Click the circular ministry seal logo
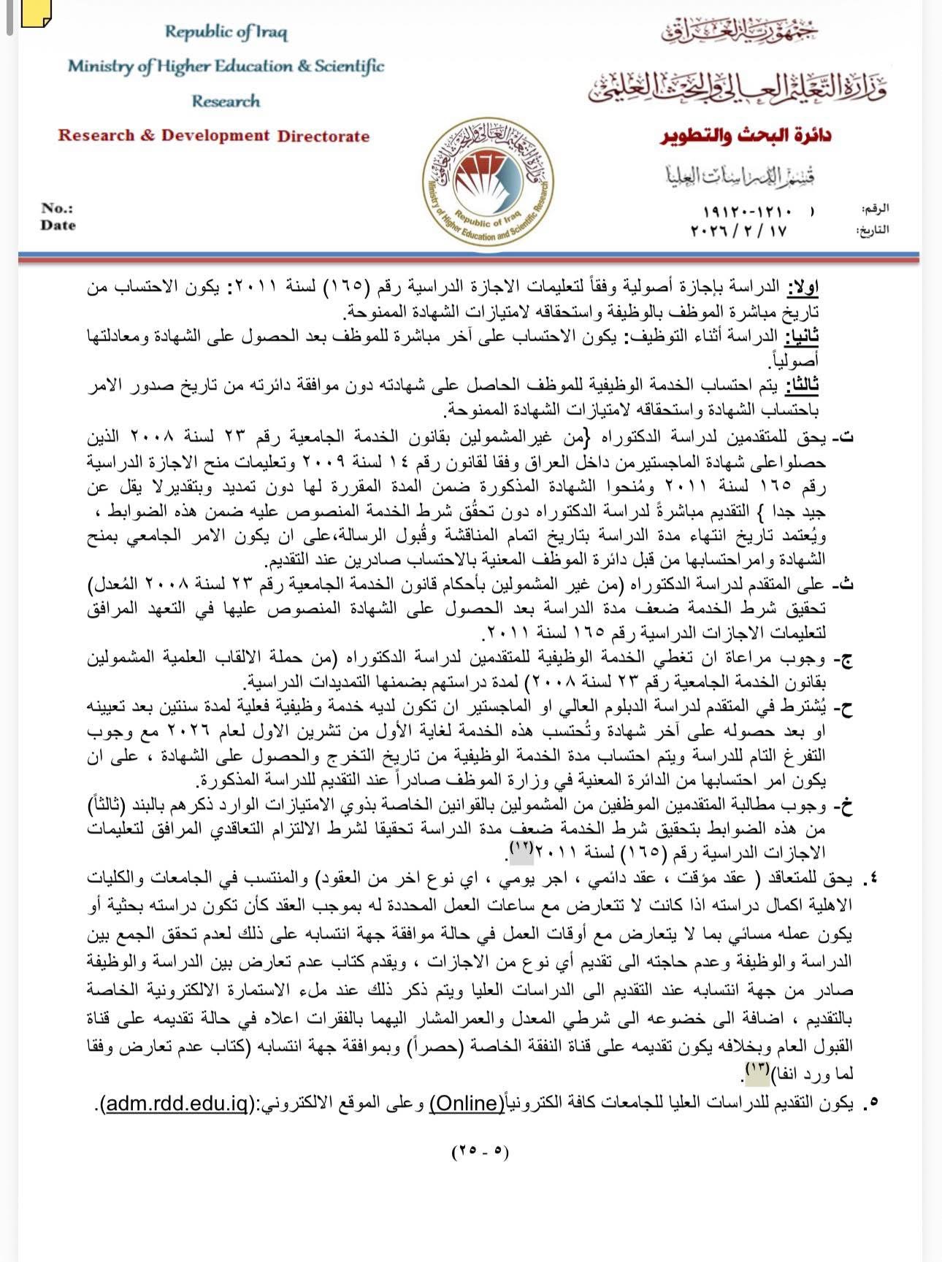click(487, 181)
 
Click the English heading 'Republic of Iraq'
click(226, 32)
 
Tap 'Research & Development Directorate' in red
click(213, 136)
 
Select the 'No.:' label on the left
click(57, 208)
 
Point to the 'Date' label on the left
click(58, 226)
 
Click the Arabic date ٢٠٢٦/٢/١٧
click(738, 231)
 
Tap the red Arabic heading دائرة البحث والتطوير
click(746, 136)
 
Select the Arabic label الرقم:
click(874, 209)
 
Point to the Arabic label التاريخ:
click(872, 230)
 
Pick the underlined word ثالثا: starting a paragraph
click(802, 385)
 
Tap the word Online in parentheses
click(467, 1103)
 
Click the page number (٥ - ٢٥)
click(480, 1151)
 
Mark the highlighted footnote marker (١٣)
click(756, 1069)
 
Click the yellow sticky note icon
click(36, 12)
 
